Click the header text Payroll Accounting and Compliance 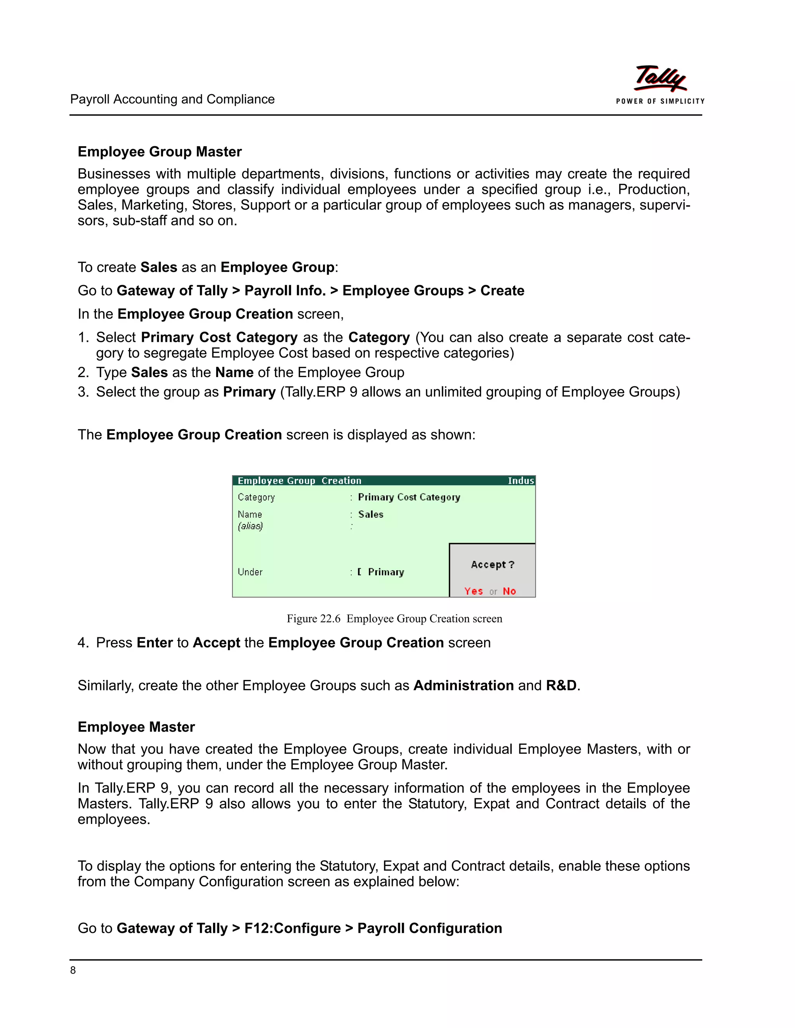click(172, 99)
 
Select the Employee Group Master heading click(160, 152)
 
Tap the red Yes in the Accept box click(473, 591)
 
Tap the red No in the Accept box click(509, 591)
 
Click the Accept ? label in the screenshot click(492, 564)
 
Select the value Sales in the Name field click(371, 514)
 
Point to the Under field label click(250, 572)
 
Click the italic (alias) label click(250, 526)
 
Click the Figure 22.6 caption click(394, 618)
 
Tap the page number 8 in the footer click(73, 970)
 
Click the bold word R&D click(561, 685)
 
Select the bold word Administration click(463, 685)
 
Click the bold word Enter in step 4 click(154, 642)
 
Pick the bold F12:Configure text click(292, 928)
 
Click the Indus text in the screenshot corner click(521, 481)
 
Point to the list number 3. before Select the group click(83, 392)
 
